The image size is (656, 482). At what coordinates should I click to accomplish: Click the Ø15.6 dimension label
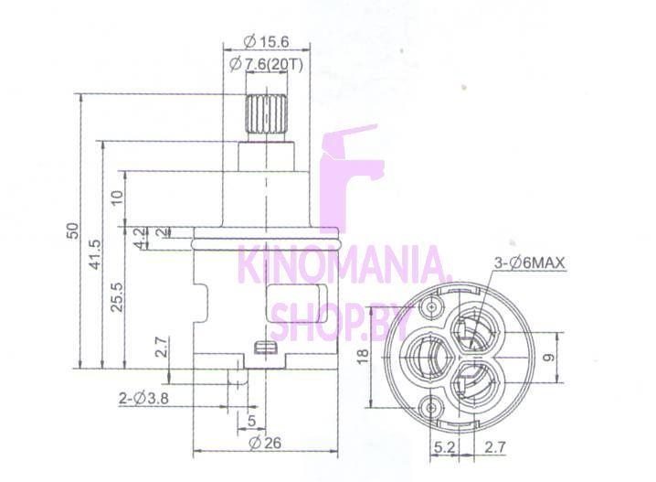(x=266, y=42)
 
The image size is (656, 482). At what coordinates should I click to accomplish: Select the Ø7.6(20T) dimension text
(x=266, y=65)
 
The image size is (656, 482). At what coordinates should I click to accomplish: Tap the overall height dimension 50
(x=73, y=231)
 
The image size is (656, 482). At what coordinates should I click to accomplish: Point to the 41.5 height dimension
(x=95, y=254)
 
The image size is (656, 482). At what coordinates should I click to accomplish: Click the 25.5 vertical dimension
(x=117, y=296)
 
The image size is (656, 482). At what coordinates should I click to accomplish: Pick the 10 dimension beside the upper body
(x=118, y=197)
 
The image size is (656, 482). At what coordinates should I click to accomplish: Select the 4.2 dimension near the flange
(x=142, y=238)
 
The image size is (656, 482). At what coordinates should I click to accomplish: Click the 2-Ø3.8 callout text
(x=144, y=398)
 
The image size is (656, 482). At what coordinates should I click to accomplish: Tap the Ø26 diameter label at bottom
(x=265, y=443)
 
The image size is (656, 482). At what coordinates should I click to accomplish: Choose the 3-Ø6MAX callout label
(x=530, y=263)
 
